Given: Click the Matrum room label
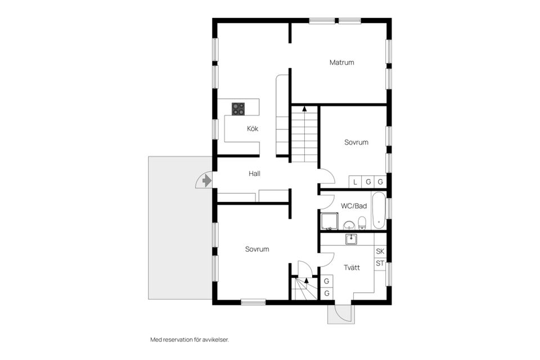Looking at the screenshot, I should pos(341,62).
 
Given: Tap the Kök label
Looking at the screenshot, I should pos(253,129).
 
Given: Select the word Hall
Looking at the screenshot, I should pos(254,174).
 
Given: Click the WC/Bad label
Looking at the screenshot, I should pos(354,206).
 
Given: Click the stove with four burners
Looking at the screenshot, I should pos(238,109).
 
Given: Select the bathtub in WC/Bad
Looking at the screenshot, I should pos(380,210).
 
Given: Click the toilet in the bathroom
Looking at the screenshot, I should pos(362,223).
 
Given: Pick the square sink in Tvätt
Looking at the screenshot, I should pos(352,239).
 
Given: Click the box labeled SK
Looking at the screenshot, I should pos(380,251).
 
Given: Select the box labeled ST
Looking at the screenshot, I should pos(380,263).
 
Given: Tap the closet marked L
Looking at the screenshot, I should pos(355,182).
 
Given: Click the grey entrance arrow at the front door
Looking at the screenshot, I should pos(206,181).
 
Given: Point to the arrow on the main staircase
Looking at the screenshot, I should pos(304,109).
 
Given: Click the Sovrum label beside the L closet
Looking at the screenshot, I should pos(356,142).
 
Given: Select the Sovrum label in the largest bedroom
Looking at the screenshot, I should pos(256,249).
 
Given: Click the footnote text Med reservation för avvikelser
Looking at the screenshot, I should pos(190,340).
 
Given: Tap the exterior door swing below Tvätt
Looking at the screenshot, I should pos(340,314).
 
